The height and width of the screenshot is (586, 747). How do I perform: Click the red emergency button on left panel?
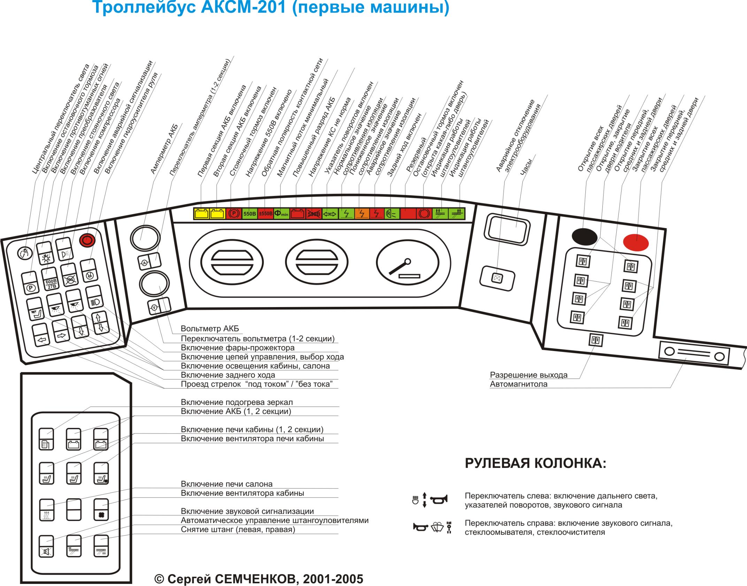click(87, 240)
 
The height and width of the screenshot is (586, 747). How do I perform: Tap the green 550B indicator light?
click(249, 213)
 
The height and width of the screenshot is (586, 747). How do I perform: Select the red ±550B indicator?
click(265, 213)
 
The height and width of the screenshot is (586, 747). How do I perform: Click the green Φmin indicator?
click(281, 213)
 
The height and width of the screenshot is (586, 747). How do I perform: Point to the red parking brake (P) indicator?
click(233, 213)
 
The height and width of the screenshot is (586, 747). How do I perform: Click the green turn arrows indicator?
click(329, 214)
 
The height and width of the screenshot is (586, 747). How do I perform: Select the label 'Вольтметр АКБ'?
click(209, 329)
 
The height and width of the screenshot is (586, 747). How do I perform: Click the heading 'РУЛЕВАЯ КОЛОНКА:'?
click(536, 464)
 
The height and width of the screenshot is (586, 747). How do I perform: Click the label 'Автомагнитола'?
click(518, 384)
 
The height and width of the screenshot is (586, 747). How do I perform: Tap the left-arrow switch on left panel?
click(41, 335)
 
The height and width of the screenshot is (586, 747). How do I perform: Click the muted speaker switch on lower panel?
click(46, 546)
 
